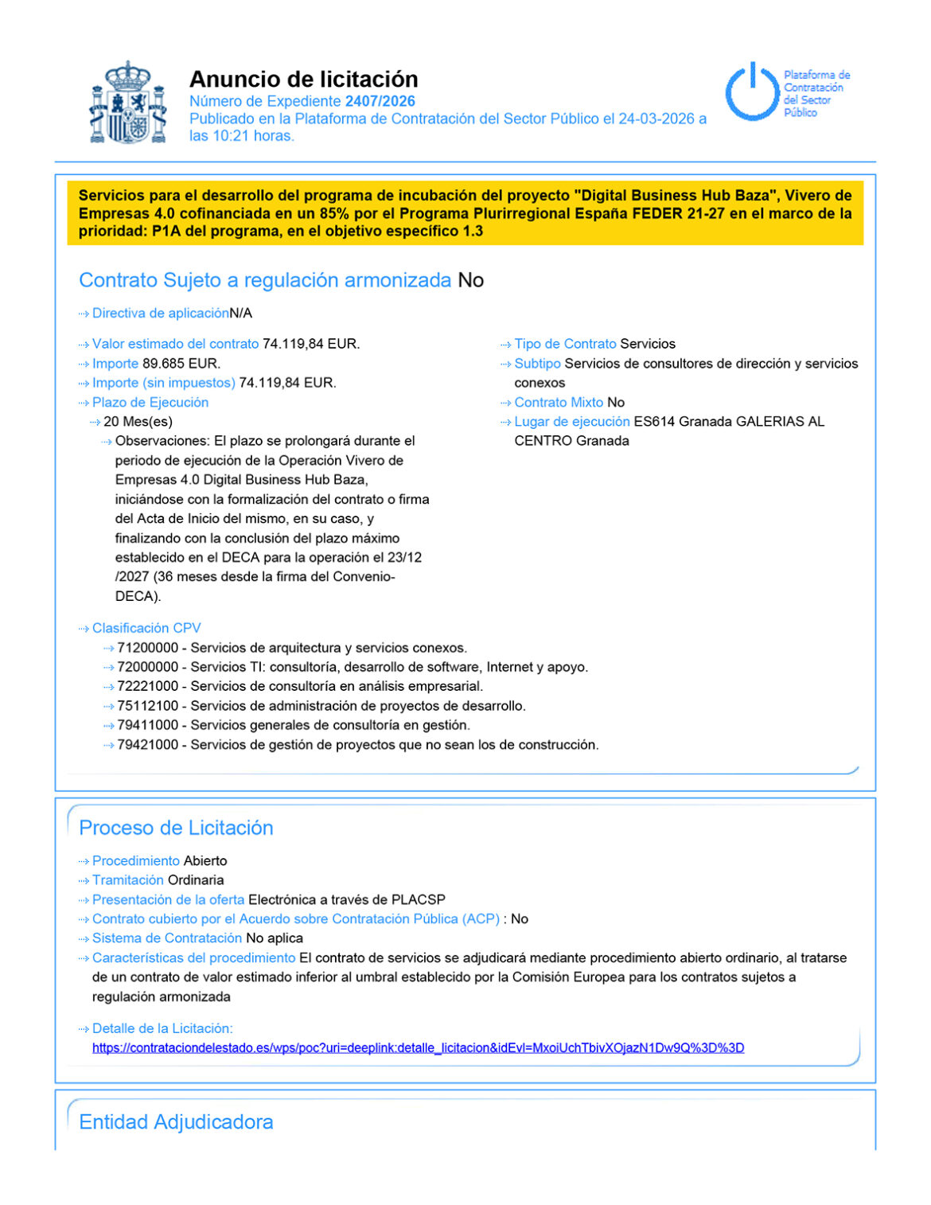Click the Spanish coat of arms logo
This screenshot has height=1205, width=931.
click(128, 103)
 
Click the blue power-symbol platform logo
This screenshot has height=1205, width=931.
click(751, 92)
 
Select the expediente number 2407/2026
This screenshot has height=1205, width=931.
click(380, 101)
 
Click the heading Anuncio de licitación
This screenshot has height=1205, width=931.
click(303, 79)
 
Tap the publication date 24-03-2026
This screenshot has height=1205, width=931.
click(656, 119)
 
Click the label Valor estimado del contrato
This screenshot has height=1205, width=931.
click(175, 344)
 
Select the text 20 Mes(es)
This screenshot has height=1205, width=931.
click(138, 422)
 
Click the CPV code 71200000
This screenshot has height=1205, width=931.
click(147, 648)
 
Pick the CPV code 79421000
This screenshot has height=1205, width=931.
click(147, 745)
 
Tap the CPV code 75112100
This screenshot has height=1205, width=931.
click(147, 706)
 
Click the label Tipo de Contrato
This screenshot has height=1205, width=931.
click(565, 344)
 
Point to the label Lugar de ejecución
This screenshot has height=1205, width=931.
click(571, 422)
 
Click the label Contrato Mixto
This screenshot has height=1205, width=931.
click(559, 403)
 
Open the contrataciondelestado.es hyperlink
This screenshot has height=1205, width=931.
click(418, 1048)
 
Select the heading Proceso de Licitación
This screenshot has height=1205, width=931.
click(176, 828)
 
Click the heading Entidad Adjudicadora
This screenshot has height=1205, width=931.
click(176, 1122)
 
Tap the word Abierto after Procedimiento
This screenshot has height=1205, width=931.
click(205, 861)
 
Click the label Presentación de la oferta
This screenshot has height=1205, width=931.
click(168, 900)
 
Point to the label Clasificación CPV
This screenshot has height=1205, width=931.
click(146, 628)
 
